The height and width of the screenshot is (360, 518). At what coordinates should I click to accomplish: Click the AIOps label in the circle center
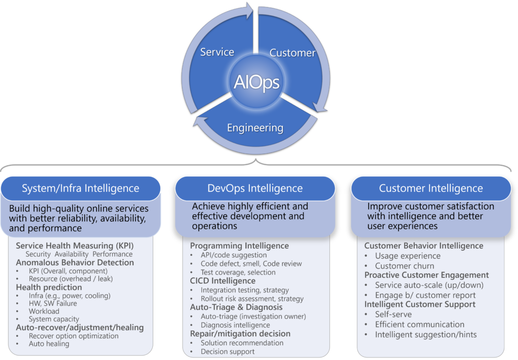click(x=256, y=82)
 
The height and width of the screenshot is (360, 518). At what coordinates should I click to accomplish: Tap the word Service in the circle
click(x=217, y=52)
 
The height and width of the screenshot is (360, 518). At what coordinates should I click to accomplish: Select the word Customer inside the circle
click(x=292, y=53)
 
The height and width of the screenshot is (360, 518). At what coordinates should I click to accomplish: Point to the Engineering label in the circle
click(x=255, y=128)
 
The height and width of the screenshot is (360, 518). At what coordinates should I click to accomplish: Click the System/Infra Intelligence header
click(x=80, y=188)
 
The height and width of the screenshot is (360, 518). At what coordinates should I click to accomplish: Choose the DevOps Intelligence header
click(x=255, y=188)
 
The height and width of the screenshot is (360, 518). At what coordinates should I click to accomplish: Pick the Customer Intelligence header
click(x=431, y=188)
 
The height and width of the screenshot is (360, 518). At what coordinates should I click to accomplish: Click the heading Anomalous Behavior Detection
click(x=75, y=262)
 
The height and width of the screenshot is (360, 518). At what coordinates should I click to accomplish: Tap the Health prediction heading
click(x=49, y=287)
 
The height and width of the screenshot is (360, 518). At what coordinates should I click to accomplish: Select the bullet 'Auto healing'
click(x=49, y=344)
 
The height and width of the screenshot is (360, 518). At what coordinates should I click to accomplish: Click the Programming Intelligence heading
click(x=239, y=246)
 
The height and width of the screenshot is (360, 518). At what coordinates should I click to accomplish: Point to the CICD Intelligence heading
click(x=223, y=281)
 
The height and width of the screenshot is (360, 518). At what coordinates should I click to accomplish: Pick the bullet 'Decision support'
click(x=228, y=351)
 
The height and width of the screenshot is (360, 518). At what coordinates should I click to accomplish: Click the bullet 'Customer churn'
click(x=404, y=266)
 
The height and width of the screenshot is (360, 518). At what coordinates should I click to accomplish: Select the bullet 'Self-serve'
click(x=393, y=314)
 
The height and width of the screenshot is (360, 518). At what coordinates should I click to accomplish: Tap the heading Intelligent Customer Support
click(x=420, y=304)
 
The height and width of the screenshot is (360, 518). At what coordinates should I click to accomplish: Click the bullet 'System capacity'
click(x=54, y=319)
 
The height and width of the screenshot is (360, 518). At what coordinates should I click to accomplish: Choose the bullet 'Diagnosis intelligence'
click(x=235, y=325)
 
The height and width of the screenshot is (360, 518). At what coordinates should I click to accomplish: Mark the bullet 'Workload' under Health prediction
click(x=44, y=311)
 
